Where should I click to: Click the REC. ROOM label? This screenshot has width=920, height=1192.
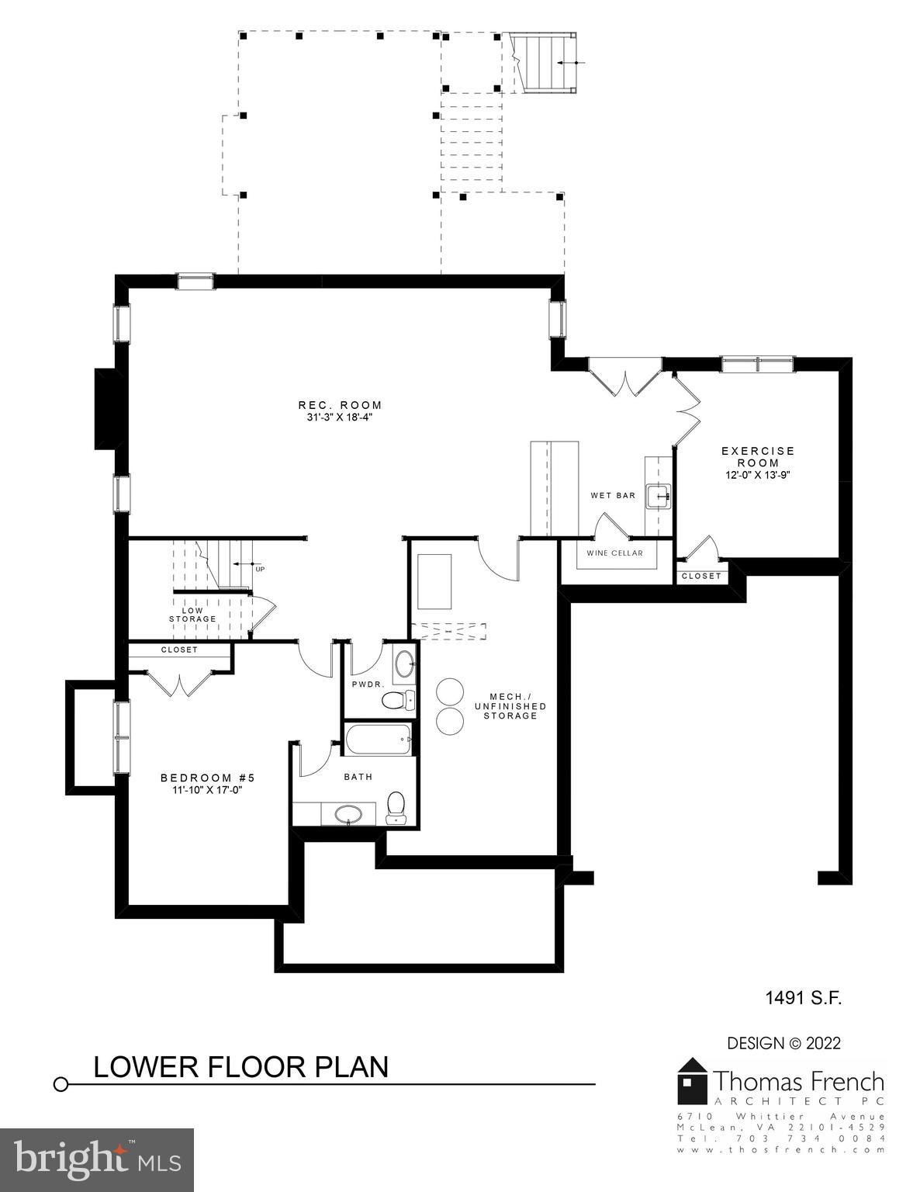pos(340,405)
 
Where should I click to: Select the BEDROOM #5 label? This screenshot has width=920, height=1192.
pos(207,778)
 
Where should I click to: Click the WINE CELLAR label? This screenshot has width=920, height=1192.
pos(614,553)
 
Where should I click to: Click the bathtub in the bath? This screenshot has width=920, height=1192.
pos(379,740)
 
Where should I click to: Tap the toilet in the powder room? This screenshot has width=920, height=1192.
pos(397,701)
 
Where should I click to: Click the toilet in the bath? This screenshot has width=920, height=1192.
pos(396,806)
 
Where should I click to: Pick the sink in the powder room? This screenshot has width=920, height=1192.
pos(404,664)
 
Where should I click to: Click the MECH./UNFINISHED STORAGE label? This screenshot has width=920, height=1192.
pos(510,705)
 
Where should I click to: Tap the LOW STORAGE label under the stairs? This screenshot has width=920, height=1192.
pos(192,615)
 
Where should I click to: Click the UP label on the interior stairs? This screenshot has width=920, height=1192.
pos(260,569)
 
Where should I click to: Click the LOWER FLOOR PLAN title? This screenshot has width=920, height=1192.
pos(240,1066)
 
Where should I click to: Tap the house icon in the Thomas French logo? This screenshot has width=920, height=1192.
pos(693,1080)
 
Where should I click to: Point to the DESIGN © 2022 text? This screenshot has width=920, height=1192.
pos(783,1043)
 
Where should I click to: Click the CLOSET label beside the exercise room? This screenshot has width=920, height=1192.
pos(701,576)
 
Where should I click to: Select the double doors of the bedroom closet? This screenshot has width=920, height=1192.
pos(179,683)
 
